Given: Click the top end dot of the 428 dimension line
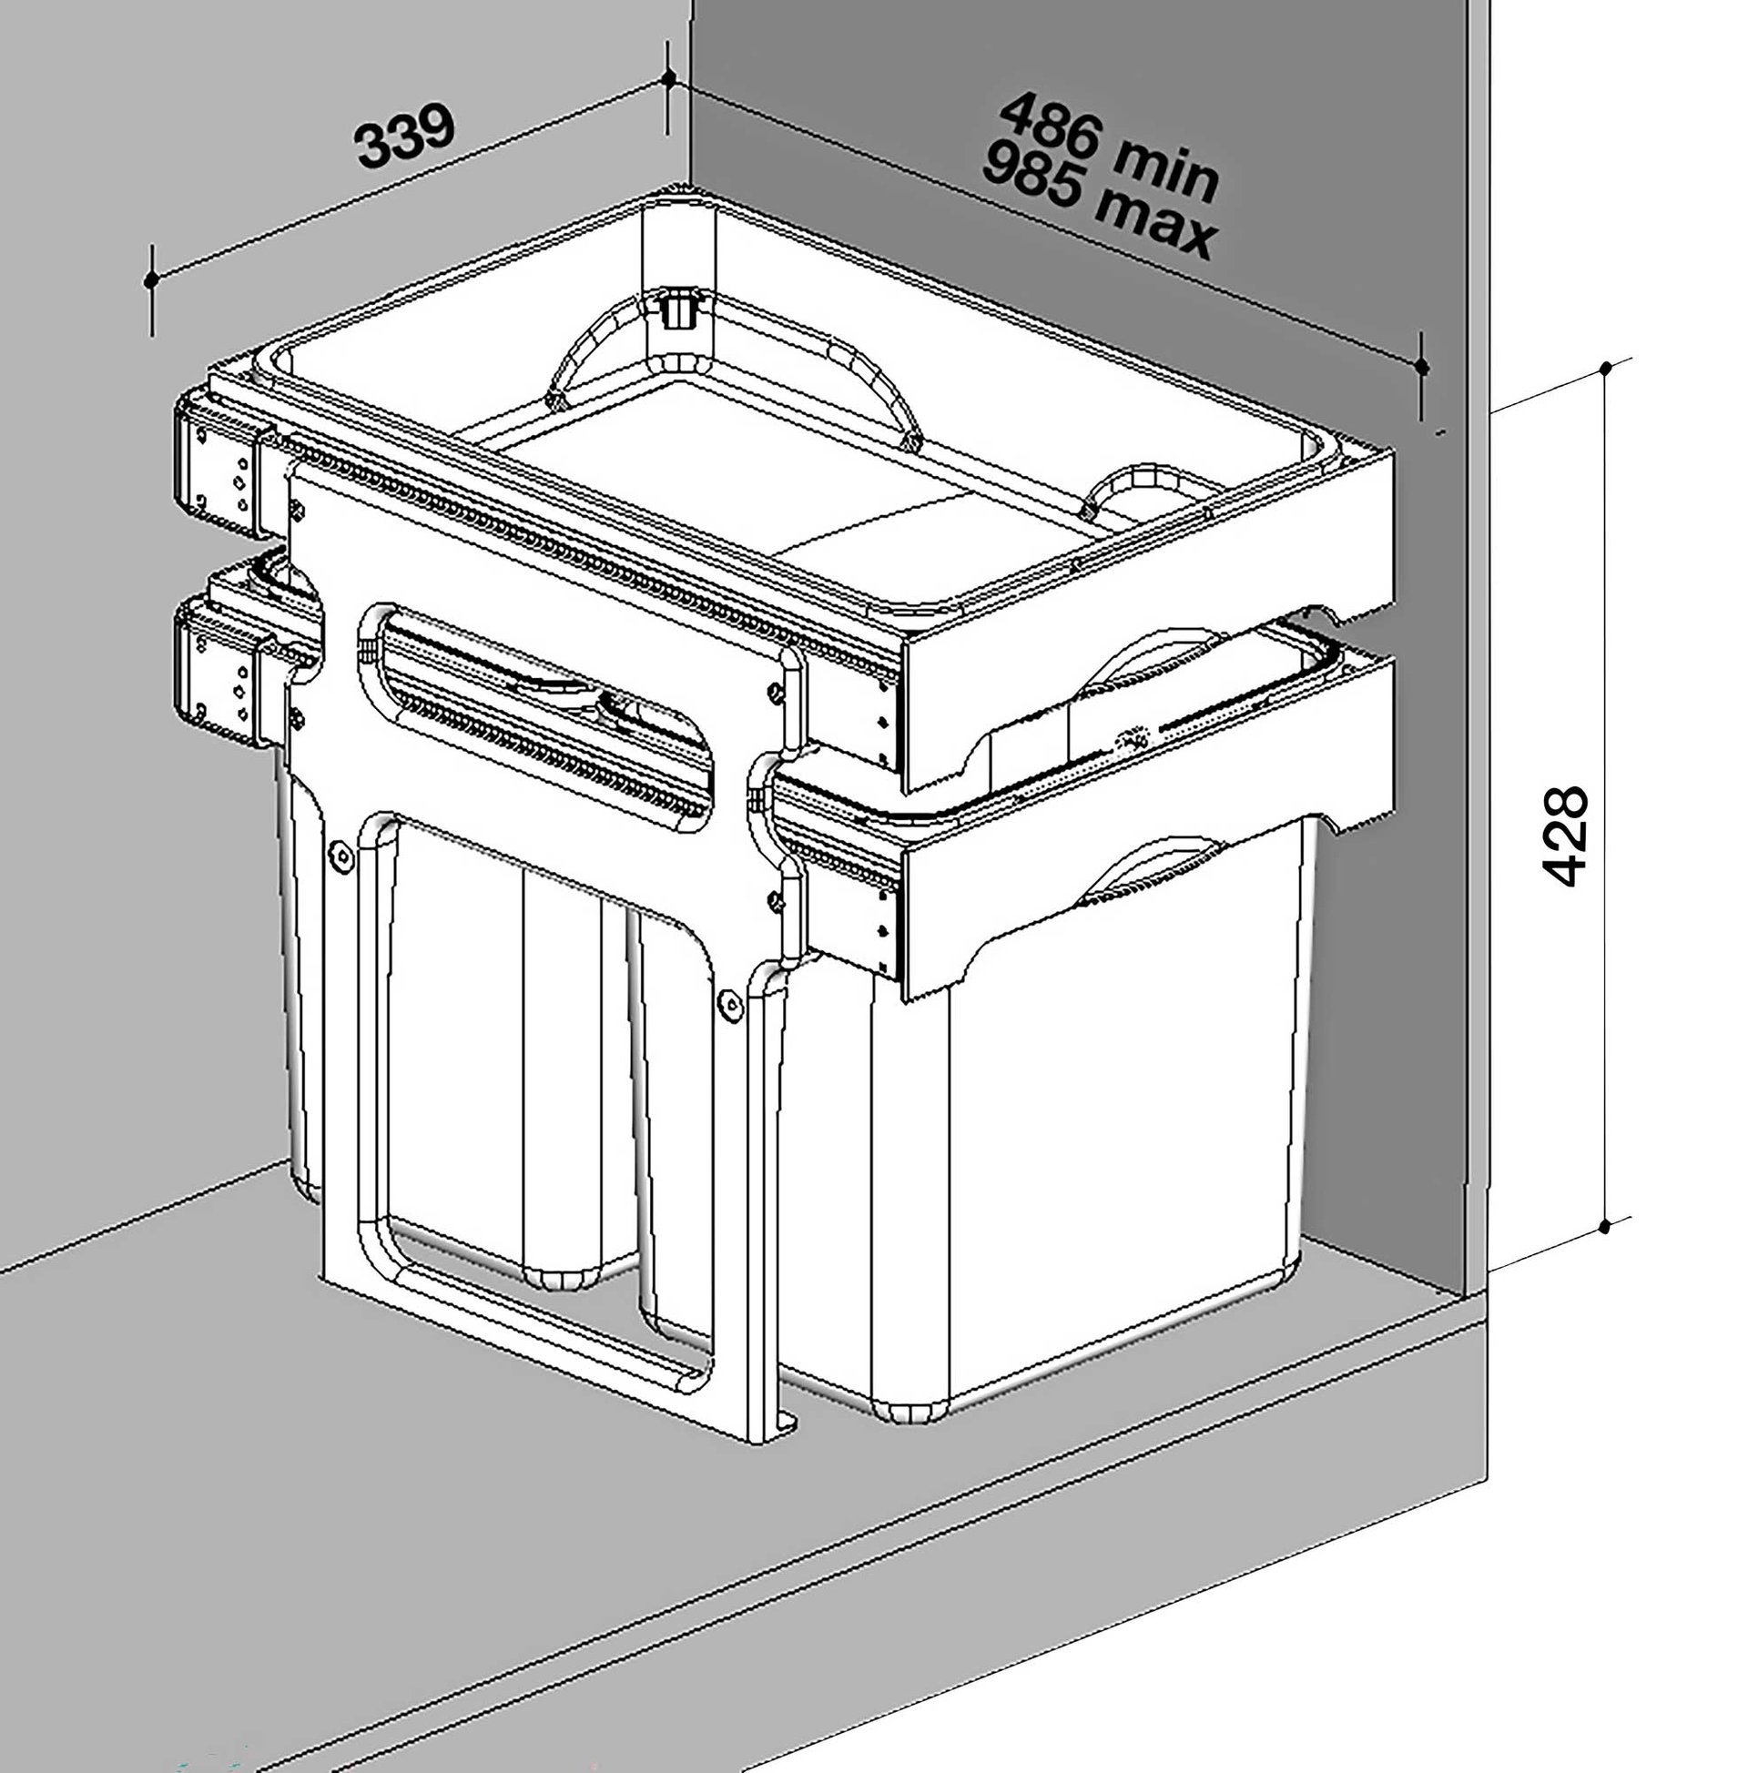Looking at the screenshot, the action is pos(1606,369).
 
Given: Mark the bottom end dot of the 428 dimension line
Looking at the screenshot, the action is pos(1605,1227).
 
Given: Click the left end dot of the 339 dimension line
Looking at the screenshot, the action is pos(151,280).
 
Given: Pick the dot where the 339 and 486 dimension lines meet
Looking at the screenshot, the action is pos(669,78).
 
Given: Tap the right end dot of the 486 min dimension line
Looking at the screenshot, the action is pos(1421,367).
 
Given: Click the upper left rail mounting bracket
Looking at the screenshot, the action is pos(220,466).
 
